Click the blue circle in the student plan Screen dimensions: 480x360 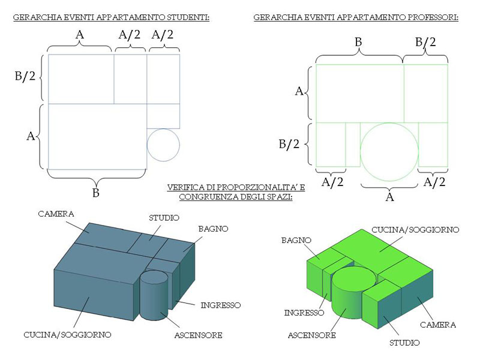click(x=163, y=129)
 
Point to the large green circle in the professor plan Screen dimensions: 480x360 click(x=389, y=123)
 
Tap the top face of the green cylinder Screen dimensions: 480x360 click(x=355, y=277)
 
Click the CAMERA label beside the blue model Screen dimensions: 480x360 click(x=56, y=214)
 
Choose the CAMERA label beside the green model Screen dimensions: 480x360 click(x=438, y=325)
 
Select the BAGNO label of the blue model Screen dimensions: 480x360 click(x=213, y=229)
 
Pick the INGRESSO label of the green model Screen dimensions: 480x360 click(x=304, y=313)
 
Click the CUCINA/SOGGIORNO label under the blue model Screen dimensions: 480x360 click(x=67, y=335)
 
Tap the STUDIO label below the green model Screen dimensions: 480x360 click(x=404, y=343)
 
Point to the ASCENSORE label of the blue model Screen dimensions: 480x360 click(x=198, y=335)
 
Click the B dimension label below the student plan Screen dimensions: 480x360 click(x=96, y=193)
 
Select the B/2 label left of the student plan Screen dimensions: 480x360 click(x=25, y=76)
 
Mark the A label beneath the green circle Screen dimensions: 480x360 click(x=389, y=197)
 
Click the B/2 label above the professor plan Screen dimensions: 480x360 click(x=425, y=42)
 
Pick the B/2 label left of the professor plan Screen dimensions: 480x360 click(x=289, y=144)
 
